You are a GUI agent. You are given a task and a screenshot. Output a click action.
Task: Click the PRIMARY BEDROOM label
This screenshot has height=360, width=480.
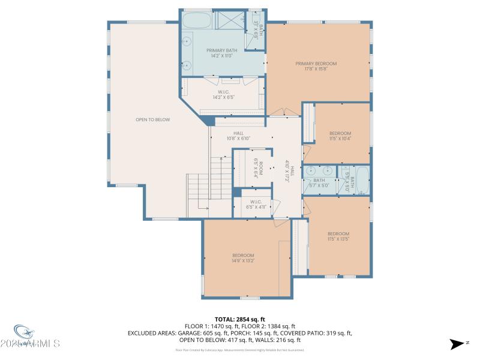(316, 66)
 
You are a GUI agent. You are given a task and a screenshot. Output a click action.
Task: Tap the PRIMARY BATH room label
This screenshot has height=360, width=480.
(221, 53)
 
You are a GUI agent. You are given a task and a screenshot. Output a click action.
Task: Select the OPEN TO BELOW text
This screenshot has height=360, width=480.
(152, 119)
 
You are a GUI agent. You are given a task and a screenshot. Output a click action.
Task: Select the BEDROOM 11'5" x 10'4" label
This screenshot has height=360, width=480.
(340, 136)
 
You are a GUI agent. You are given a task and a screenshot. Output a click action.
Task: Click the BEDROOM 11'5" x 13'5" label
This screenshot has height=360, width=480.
(338, 236)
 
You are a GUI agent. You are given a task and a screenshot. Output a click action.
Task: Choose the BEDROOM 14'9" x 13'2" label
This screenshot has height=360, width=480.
(243, 258)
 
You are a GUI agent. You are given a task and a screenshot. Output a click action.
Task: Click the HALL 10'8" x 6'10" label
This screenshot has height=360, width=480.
(238, 136)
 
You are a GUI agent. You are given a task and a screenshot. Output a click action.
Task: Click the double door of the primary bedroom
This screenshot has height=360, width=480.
(283, 112)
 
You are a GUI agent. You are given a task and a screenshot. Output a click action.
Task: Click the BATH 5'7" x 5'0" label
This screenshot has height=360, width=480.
(319, 182)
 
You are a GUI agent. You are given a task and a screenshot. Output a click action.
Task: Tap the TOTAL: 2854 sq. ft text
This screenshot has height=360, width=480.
(239, 319)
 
